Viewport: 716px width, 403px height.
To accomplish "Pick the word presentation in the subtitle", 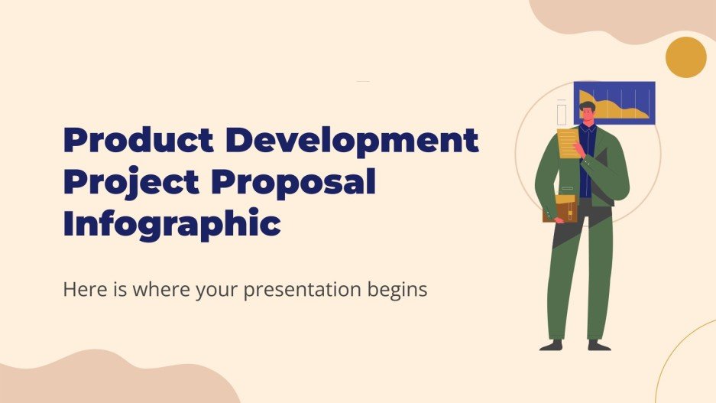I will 306,291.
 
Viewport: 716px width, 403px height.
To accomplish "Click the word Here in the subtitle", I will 82,291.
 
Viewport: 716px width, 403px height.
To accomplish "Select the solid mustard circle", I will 685,57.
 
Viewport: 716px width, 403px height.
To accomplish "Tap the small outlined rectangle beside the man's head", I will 562,112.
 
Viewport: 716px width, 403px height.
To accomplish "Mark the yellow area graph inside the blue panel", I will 623,112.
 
